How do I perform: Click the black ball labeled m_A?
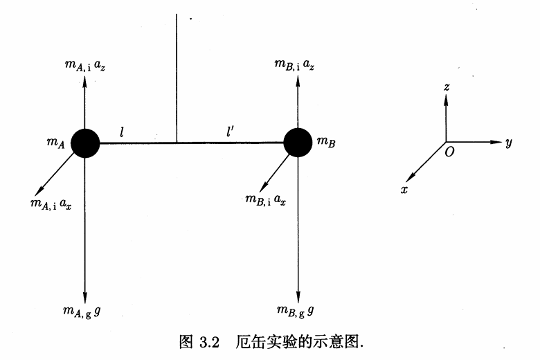coord(85,143)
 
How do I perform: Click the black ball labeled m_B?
coord(298,143)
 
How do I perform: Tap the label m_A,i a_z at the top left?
coord(84,65)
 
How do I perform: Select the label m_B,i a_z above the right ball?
coord(294,65)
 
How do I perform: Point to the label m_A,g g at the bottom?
coord(82,312)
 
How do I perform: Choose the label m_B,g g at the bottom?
coord(296,311)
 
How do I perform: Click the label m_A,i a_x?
coord(51,204)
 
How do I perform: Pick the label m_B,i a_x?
coord(266,200)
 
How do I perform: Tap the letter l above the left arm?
coord(122,132)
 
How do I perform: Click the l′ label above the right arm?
coord(230,132)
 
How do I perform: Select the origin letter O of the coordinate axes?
coord(449,152)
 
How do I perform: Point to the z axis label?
coord(447,87)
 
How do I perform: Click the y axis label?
coord(509,143)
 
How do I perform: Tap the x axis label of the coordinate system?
coord(404,189)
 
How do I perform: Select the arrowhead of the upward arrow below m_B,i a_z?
coord(298,80)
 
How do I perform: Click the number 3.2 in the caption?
coord(209,343)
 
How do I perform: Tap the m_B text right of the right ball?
coord(326,142)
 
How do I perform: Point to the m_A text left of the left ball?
coord(56,143)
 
